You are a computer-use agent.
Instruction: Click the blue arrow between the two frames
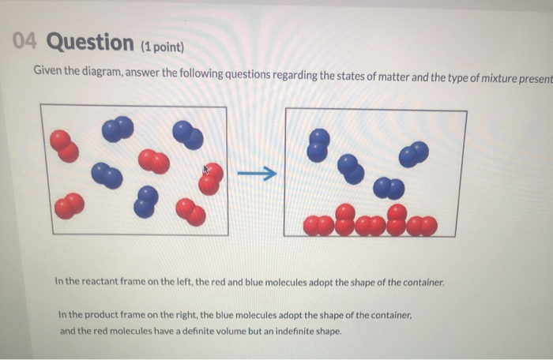coord(258,173)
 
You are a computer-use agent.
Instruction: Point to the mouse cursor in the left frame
coord(207,168)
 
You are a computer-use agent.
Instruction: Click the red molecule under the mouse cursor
coord(211,179)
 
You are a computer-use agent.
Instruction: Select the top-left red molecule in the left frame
coord(64,146)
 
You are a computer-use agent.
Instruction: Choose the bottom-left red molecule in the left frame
coord(70,206)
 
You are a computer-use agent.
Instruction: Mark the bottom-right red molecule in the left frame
coord(191,212)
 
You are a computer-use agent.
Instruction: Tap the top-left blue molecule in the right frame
coord(318,144)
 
